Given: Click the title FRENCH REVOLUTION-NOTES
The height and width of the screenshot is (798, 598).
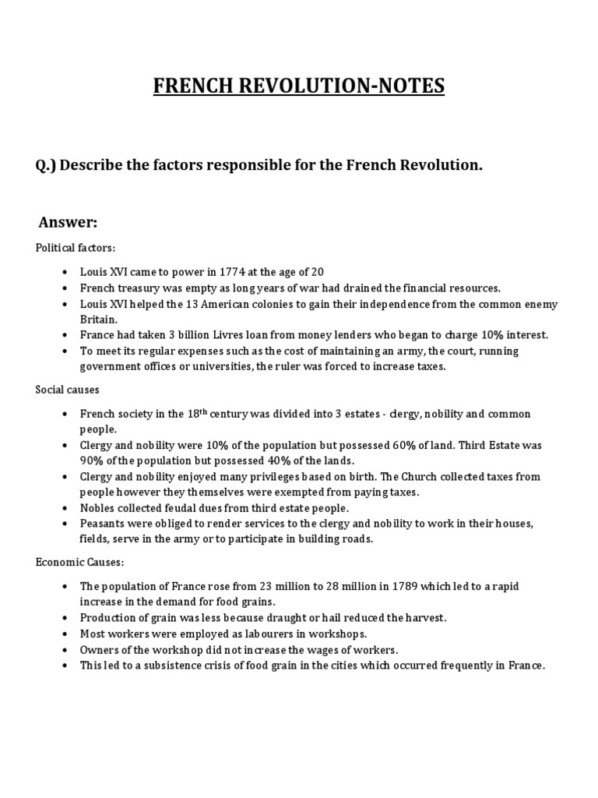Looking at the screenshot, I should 298,85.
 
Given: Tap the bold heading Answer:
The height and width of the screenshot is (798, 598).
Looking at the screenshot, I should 68,224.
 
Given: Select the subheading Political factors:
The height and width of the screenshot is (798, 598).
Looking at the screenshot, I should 76,247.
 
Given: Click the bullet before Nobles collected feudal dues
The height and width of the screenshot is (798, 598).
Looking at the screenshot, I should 63,508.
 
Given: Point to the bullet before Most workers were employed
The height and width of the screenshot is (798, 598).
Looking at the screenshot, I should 63,634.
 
